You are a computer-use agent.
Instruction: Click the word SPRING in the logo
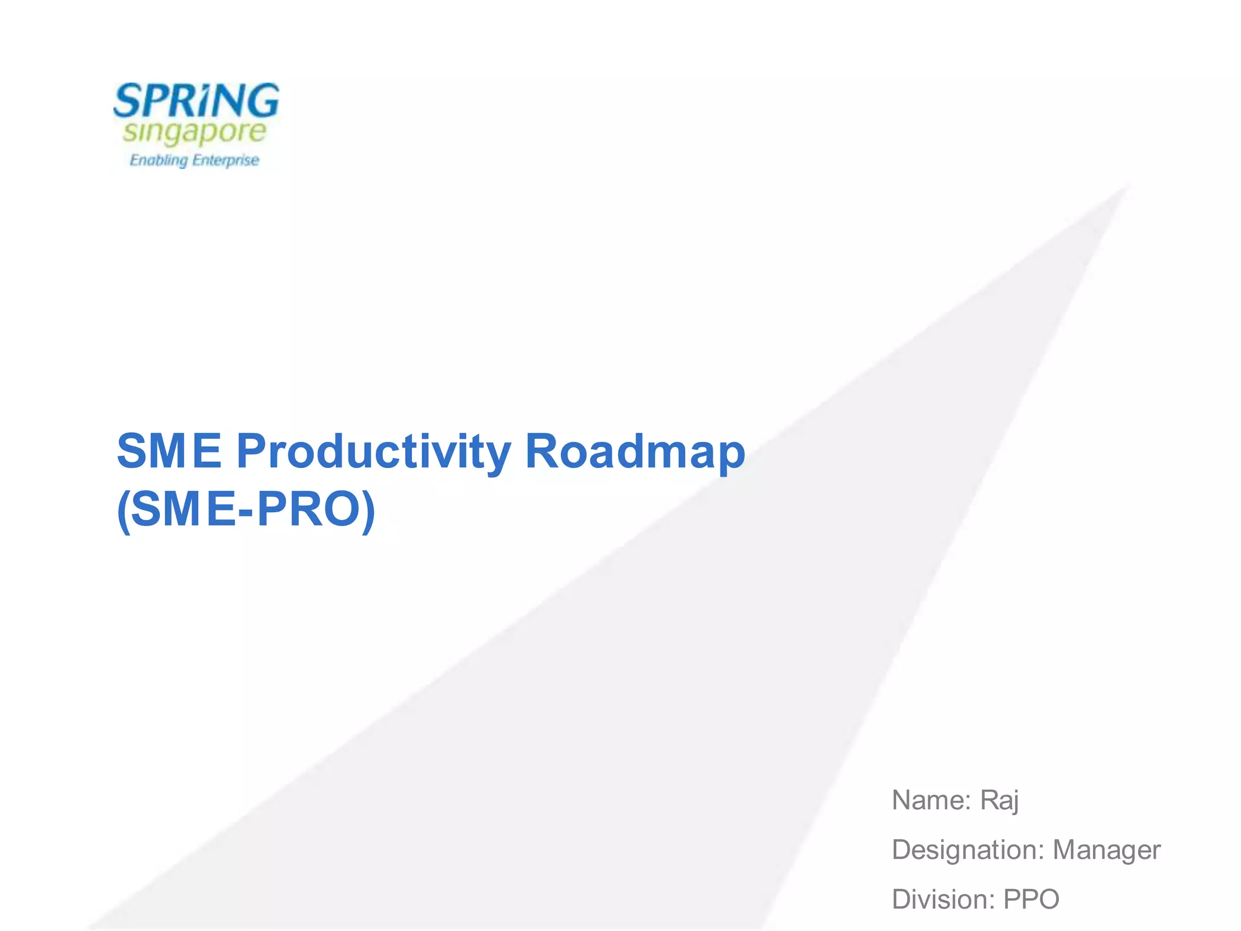click(x=196, y=101)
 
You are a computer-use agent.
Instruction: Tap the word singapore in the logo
click(x=195, y=133)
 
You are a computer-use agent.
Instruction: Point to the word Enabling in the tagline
click(x=159, y=161)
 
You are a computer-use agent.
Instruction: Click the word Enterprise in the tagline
click(x=225, y=161)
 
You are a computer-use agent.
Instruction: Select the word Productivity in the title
click(x=373, y=452)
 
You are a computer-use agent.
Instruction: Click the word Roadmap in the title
click(x=635, y=452)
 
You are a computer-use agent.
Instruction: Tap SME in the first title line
click(x=170, y=451)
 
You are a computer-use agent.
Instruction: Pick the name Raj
click(x=1000, y=801)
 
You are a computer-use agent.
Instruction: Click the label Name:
click(x=932, y=800)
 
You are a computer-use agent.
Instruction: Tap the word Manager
click(x=1106, y=850)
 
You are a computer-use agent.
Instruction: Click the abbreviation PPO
click(x=1031, y=899)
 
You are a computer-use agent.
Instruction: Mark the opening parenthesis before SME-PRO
click(x=122, y=512)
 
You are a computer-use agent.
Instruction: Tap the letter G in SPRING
click(x=262, y=101)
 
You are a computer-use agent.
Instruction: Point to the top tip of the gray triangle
click(x=1128, y=185)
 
